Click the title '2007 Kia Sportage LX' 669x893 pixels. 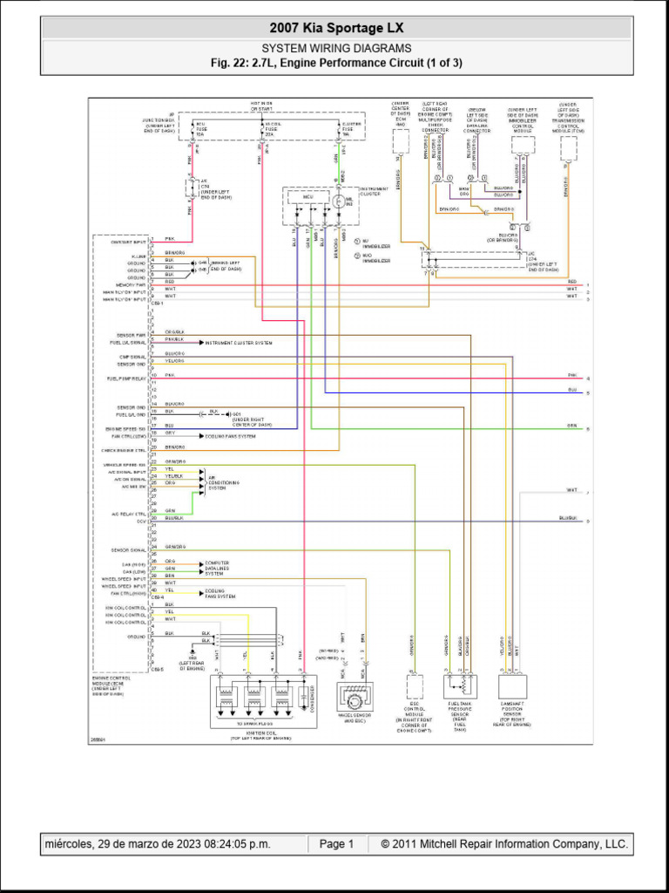click(x=336, y=28)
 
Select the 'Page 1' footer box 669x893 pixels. click(x=336, y=844)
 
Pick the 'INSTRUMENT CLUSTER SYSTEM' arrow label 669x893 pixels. click(x=239, y=344)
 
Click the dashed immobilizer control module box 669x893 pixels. click(x=523, y=145)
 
